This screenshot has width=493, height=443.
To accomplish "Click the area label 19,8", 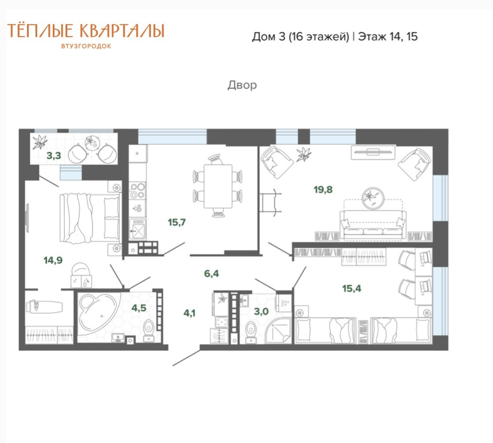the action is click(323, 189).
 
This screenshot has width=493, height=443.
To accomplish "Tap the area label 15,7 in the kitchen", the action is click(177, 222).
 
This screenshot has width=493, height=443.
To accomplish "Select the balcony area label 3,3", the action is click(54, 156).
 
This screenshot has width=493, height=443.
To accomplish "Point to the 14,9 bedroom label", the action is click(53, 260).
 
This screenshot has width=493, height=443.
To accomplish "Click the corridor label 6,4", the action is click(212, 273).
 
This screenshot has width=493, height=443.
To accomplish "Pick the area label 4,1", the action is click(190, 313).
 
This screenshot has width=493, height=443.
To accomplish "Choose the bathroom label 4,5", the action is click(139, 308).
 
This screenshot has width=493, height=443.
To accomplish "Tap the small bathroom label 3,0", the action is click(261, 312).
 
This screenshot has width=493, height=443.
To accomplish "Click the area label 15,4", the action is click(352, 288).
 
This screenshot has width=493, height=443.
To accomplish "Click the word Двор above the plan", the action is click(242, 85).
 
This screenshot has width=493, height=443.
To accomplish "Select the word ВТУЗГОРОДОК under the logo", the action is click(86, 46).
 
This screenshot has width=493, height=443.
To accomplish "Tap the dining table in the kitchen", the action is click(218, 186).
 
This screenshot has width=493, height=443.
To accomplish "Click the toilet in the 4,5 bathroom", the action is click(149, 330).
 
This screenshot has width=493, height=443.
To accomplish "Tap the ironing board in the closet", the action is click(44, 306).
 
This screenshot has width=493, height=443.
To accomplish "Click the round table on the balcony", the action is click(92, 143).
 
